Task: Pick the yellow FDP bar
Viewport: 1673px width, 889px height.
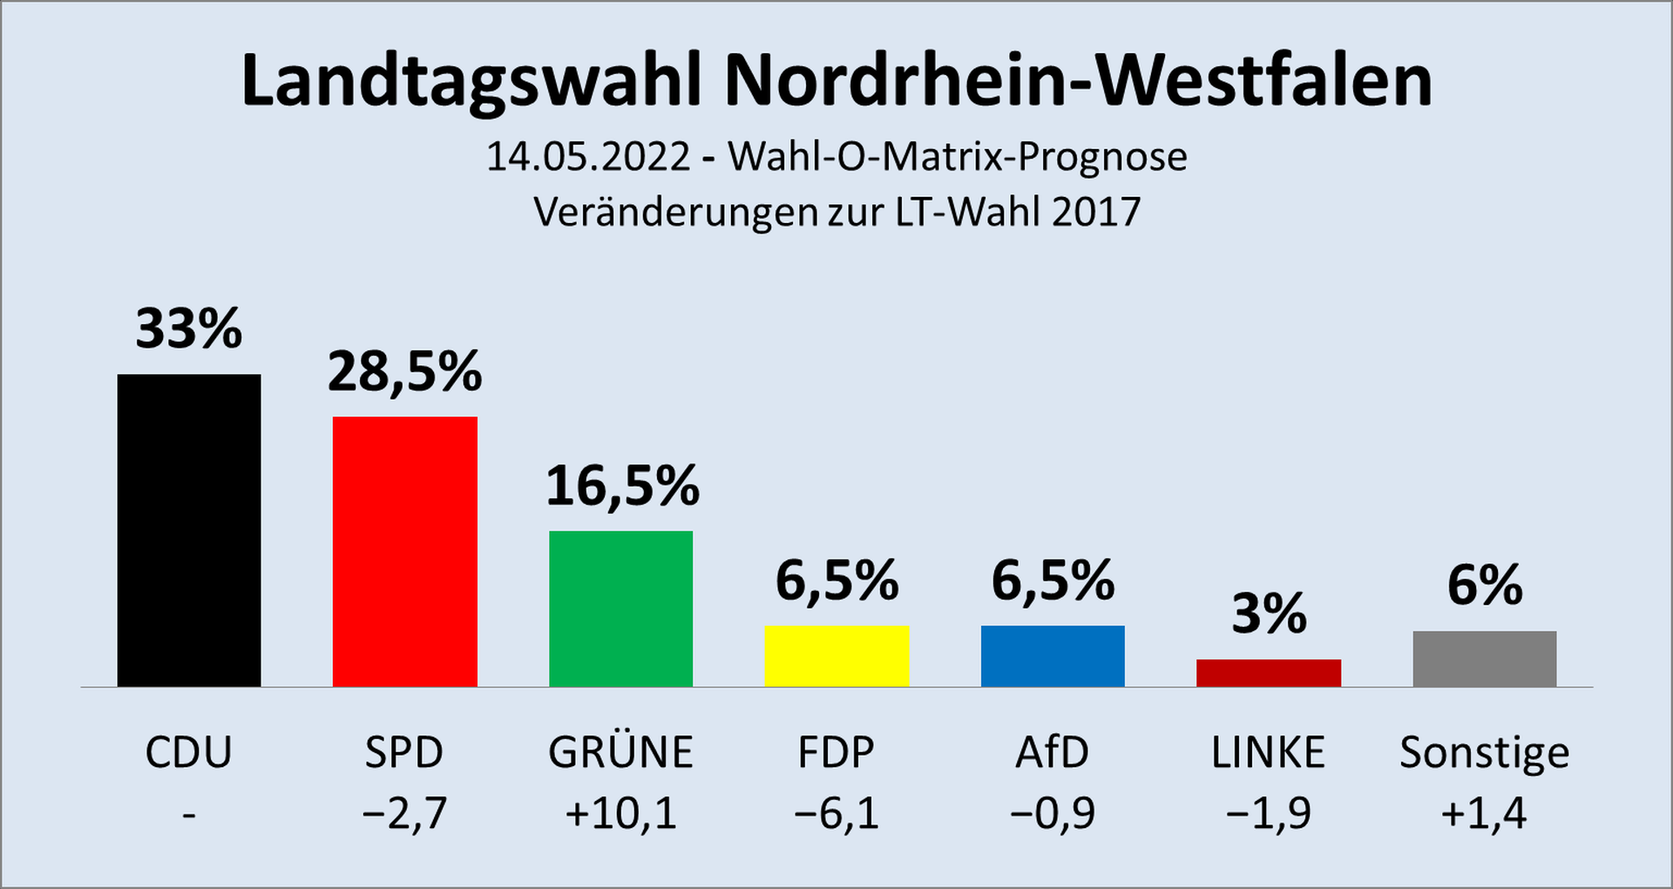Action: click(x=836, y=655)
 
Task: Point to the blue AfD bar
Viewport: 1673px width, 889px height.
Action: click(x=1053, y=655)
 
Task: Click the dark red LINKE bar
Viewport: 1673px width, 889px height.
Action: click(x=1269, y=673)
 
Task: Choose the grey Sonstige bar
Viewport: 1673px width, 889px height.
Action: click(x=1485, y=658)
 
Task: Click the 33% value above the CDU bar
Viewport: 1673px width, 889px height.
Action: click(x=189, y=329)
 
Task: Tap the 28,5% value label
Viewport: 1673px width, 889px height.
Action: click(x=405, y=372)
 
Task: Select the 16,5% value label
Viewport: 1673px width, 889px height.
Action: click(x=622, y=486)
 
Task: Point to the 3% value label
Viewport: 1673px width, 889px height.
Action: click(x=1270, y=614)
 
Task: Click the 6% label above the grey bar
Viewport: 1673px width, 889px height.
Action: click(x=1485, y=585)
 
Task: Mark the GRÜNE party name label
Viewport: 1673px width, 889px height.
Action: click(x=620, y=752)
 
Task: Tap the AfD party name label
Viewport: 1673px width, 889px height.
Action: click(x=1053, y=752)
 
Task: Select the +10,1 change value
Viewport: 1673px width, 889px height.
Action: click(x=620, y=814)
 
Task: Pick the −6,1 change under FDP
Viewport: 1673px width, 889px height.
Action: click(x=836, y=814)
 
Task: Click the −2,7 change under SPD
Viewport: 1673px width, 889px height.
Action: click(x=405, y=814)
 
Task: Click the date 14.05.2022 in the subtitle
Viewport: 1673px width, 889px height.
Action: click(x=588, y=157)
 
